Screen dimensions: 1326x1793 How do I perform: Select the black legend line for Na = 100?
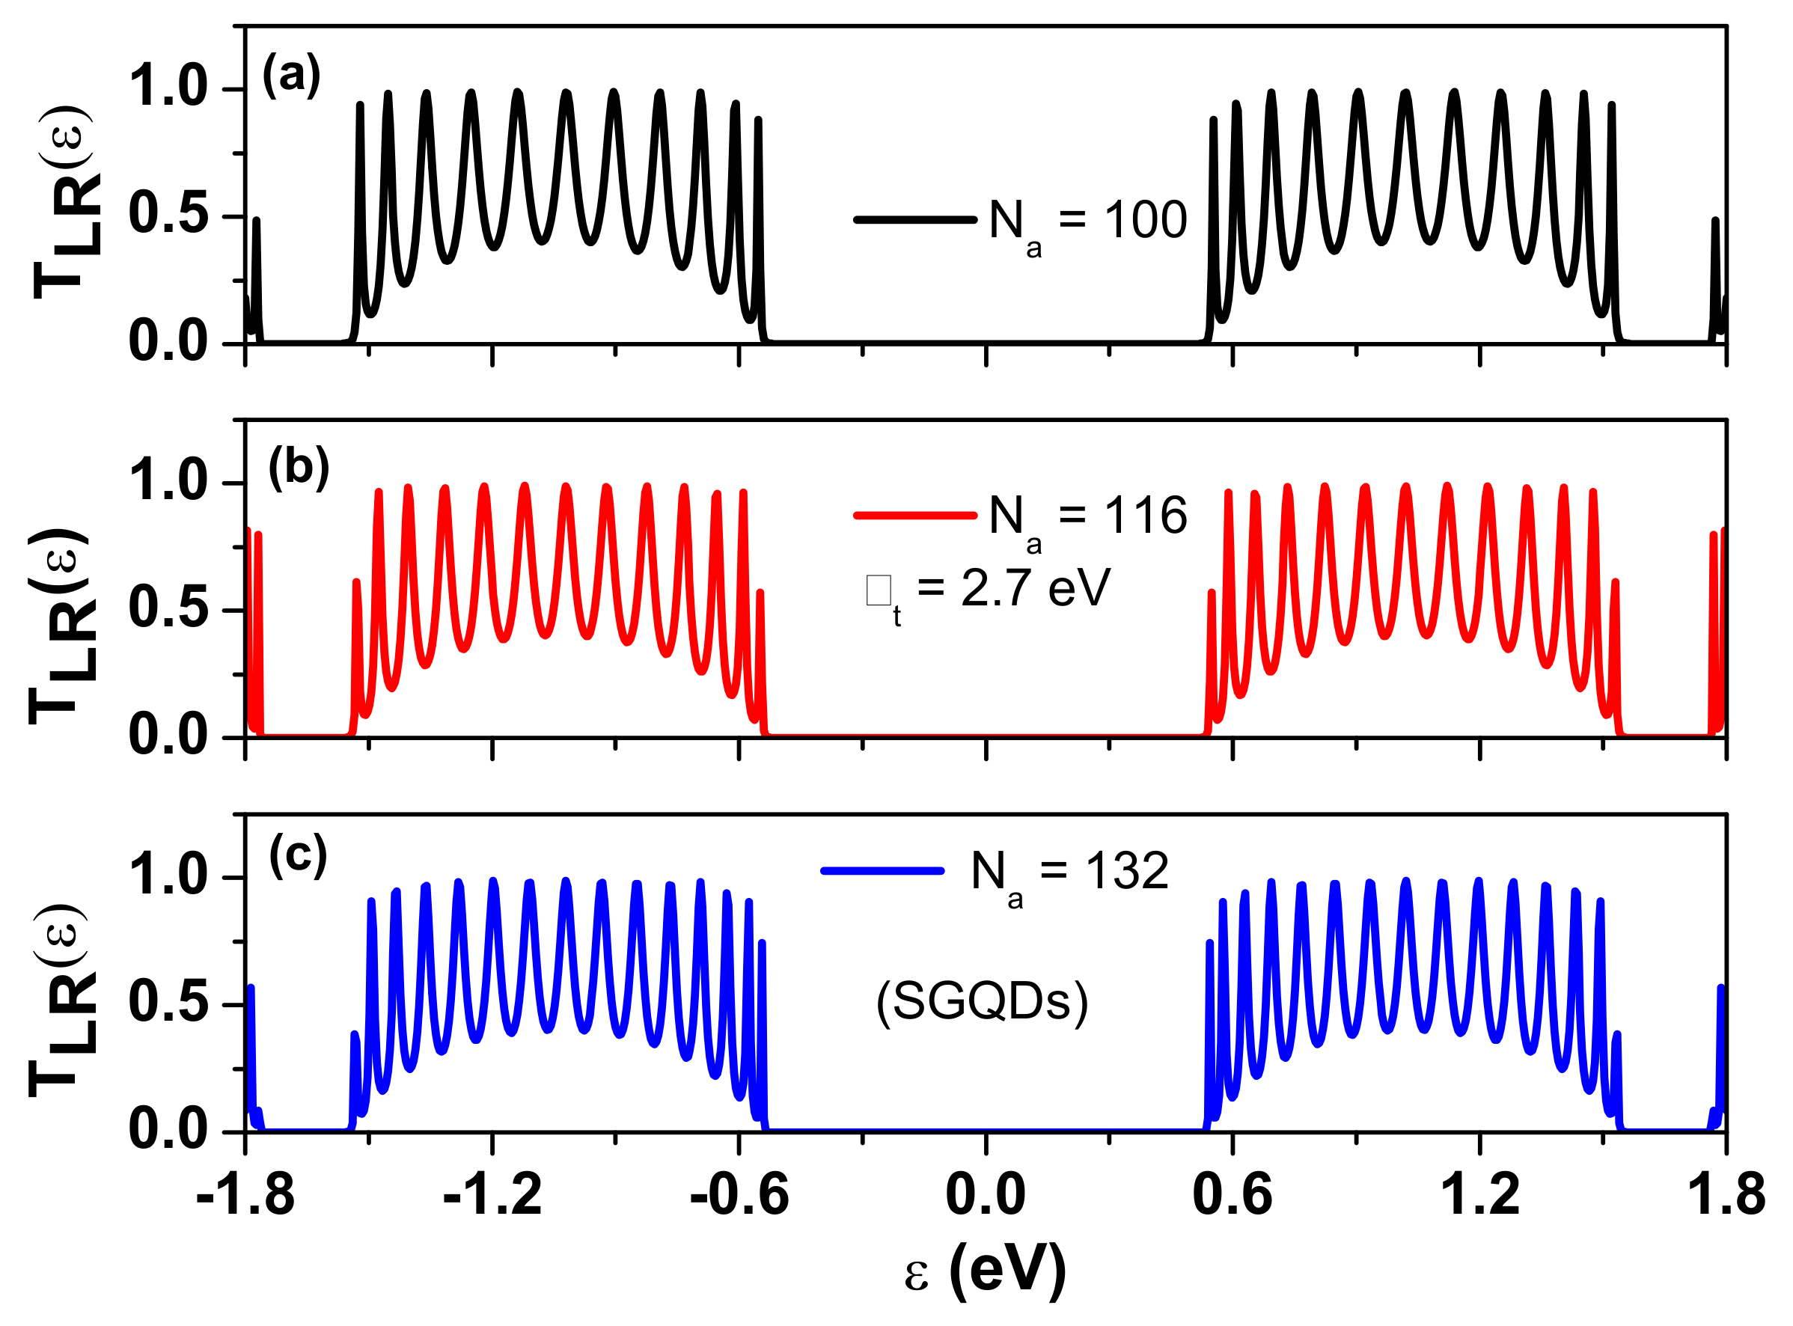click(914, 219)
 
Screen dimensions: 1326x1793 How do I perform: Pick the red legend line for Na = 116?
click(914, 516)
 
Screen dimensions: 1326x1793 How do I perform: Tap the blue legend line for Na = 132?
click(882, 870)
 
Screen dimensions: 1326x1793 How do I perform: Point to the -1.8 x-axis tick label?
click(245, 1194)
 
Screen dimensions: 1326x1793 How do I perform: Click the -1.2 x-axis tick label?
click(492, 1194)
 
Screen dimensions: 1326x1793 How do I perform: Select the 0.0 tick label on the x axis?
click(985, 1194)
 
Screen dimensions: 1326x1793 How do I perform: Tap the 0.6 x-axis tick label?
click(1232, 1194)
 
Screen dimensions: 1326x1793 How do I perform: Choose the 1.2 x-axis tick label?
click(1479, 1194)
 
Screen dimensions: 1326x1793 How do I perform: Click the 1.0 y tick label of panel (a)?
click(168, 86)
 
